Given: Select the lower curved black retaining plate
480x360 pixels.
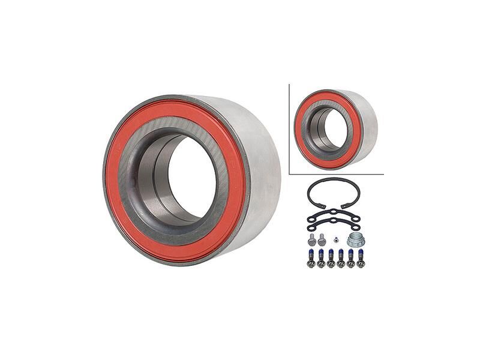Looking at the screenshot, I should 334,224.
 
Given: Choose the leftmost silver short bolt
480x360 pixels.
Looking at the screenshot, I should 311,240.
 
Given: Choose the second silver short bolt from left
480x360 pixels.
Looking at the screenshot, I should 322,239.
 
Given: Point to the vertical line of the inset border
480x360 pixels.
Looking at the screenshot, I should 289,129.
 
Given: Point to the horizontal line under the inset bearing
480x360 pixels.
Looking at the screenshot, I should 336,174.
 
